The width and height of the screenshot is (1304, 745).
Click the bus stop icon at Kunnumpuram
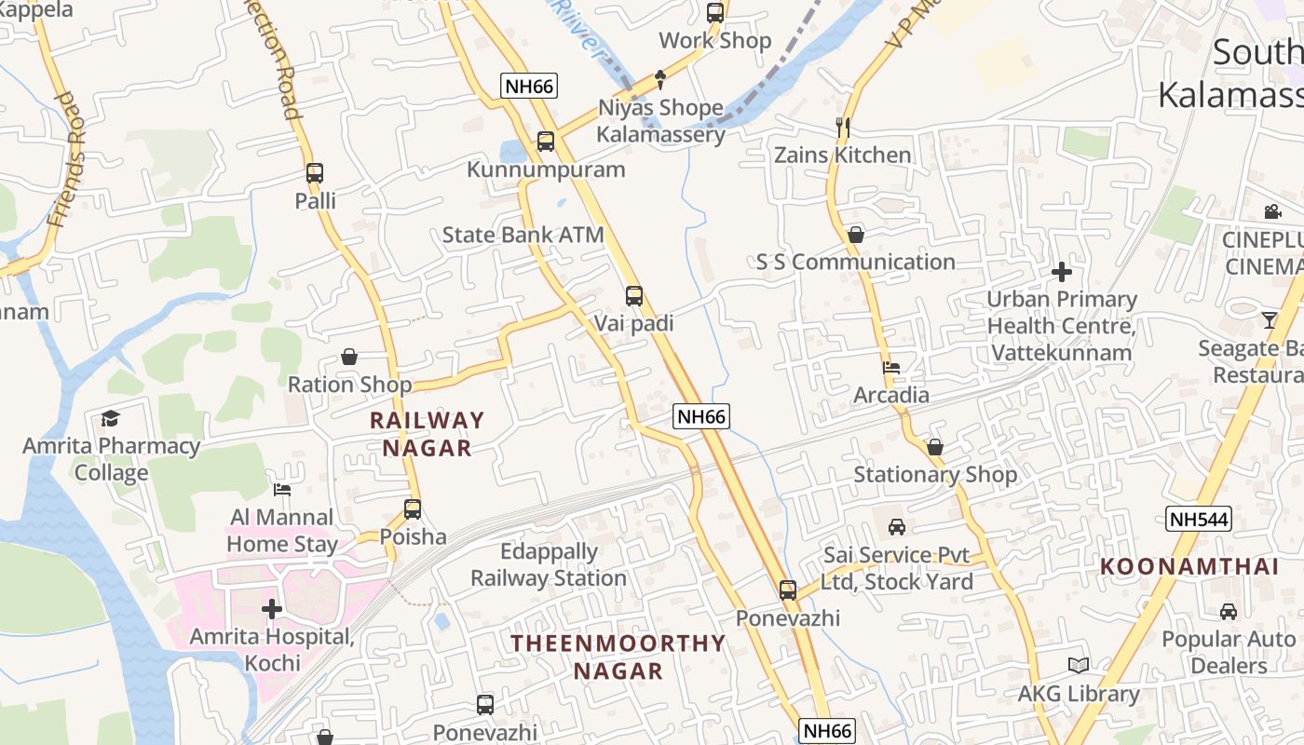tap(546, 142)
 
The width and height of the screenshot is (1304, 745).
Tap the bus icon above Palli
tap(315, 173)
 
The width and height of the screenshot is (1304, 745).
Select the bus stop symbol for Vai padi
tap(634, 296)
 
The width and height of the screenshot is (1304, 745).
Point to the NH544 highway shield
tap(1198, 519)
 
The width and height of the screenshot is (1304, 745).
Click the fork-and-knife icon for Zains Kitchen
tap(843, 127)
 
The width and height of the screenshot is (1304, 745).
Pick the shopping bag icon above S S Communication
tap(856, 235)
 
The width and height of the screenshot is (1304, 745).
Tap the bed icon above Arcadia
tap(891, 368)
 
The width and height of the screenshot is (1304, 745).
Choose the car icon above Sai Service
tap(897, 527)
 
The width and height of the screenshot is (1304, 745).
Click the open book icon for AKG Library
tap(1079, 666)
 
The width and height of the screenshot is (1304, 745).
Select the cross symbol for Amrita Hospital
tap(272, 609)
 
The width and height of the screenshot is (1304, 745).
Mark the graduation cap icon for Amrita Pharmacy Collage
tap(111, 418)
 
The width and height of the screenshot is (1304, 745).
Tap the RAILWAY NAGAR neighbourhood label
tap(428, 434)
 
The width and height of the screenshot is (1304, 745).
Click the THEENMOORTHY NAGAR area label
tap(618, 657)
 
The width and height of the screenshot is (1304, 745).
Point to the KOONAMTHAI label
tap(1189, 566)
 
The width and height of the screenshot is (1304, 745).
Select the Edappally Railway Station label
tap(548, 564)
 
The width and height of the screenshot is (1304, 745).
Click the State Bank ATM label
tap(523, 235)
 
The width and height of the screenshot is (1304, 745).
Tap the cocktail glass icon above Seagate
tap(1270, 320)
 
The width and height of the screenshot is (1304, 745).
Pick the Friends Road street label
tap(68, 160)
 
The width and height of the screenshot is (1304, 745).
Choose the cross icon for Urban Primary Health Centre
tap(1061, 272)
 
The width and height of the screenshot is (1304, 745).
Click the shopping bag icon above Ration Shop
tap(349, 357)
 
